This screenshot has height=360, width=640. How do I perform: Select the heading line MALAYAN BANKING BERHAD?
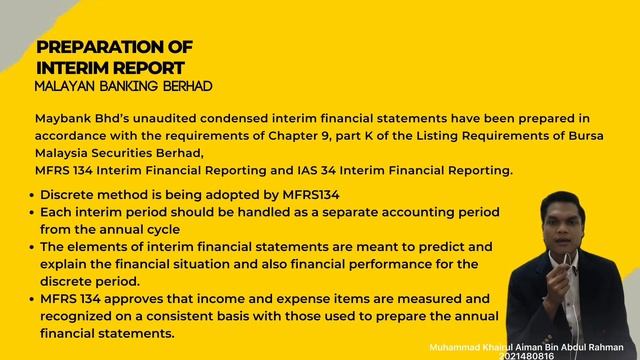click(123, 87)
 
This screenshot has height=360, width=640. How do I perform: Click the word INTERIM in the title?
click(73, 68)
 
